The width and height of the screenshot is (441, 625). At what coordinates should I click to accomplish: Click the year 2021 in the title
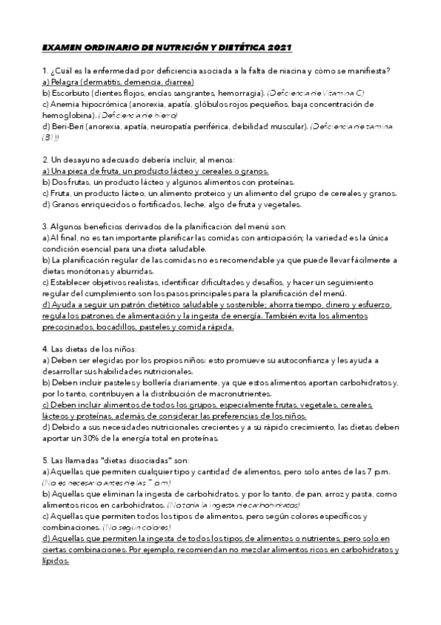pyautogui.click(x=281, y=48)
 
